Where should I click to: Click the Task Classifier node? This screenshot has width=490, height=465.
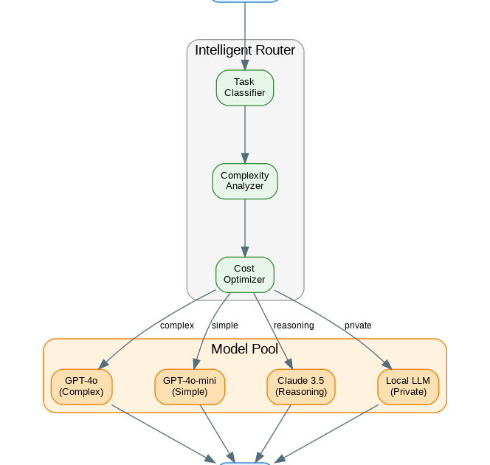coord(245,88)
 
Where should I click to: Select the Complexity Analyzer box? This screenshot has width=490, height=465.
coord(245,181)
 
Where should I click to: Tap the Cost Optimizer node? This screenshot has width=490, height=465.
coord(245,275)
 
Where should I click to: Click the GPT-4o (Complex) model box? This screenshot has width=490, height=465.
coord(81,387)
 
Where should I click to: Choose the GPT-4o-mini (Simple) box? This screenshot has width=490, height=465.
coord(190,387)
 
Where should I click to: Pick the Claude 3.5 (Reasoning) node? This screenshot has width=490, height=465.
coord(301,387)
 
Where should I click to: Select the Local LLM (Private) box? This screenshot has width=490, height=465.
coord(408,387)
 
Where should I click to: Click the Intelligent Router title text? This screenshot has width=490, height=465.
coord(245,51)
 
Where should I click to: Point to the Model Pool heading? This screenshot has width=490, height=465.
coord(245,349)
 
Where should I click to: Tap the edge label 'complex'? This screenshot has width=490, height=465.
coord(177,325)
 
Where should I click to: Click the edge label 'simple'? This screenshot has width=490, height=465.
coord(225,325)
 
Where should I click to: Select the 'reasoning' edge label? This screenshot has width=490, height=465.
coord(294,325)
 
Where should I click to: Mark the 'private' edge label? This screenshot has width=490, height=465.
coord(358,325)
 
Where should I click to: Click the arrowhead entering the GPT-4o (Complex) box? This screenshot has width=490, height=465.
coord(104,364)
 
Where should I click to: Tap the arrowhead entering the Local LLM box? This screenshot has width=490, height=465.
coord(386,364)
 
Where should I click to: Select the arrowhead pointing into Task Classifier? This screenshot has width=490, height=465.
coord(245,65)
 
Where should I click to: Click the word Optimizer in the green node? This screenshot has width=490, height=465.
coord(244,280)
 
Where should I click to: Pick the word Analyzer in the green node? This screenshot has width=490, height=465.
coord(245,186)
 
